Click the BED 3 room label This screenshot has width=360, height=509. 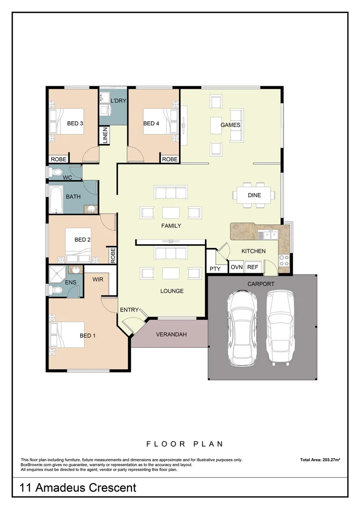pyautogui.click(x=75, y=123)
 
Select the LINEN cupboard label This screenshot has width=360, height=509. pyautogui.click(x=105, y=135)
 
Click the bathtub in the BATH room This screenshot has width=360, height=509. pyautogui.click(x=56, y=199)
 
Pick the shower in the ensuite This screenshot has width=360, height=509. pyautogui.click(x=57, y=273)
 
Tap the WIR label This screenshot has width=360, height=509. pyautogui.click(x=98, y=279)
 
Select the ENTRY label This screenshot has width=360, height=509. pyautogui.click(x=129, y=310)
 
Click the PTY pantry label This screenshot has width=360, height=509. pyautogui.click(x=214, y=269)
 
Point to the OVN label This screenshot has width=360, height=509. pyautogui.click(x=236, y=267)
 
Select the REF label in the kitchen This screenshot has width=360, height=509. pyautogui.click(x=253, y=267)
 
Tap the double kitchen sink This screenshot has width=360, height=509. pyautogui.click(x=270, y=234)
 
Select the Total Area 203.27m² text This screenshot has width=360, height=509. pyautogui.click(x=320, y=460)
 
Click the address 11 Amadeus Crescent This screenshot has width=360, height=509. pyautogui.click(x=78, y=487)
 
